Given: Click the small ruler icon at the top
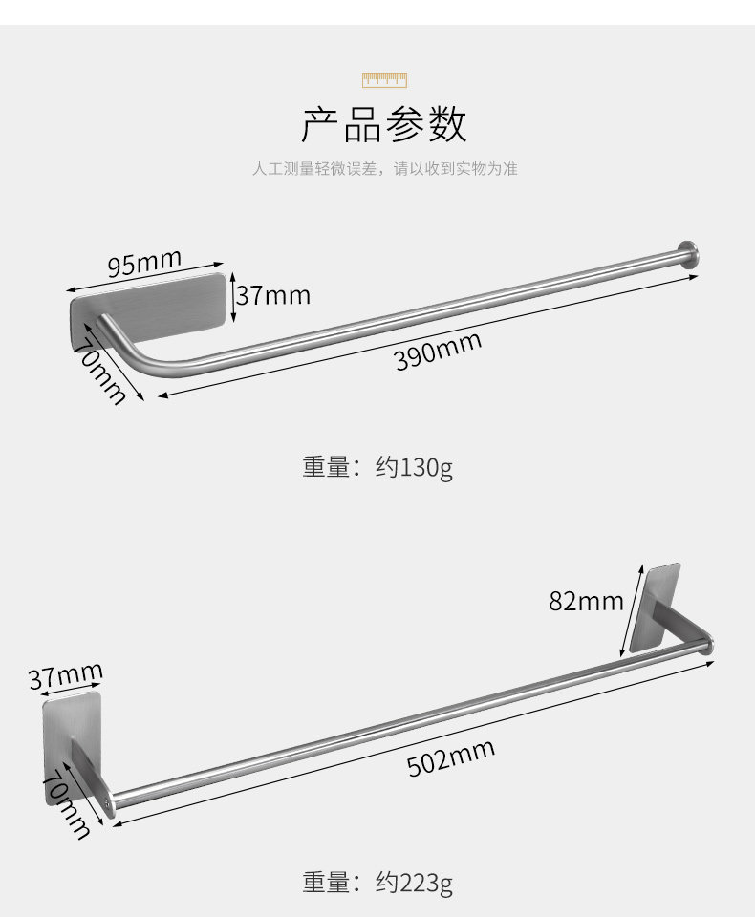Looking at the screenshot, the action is click(x=384, y=79).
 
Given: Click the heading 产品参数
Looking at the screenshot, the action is click(x=384, y=125).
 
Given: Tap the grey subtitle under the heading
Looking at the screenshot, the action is click(x=384, y=169).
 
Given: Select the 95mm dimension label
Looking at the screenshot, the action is click(x=143, y=261).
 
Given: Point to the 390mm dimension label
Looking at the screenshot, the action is click(x=439, y=352).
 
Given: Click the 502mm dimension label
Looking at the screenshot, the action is click(x=451, y=757).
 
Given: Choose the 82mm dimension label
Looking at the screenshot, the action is click(x=586, y=601).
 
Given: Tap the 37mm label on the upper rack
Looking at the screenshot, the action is click(x=274, y=295).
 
